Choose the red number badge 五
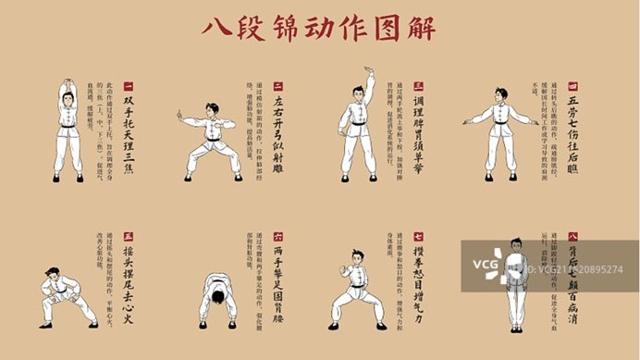[x=128, y=237]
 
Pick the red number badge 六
[x=277, y=237]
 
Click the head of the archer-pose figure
[x=212, y=109]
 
